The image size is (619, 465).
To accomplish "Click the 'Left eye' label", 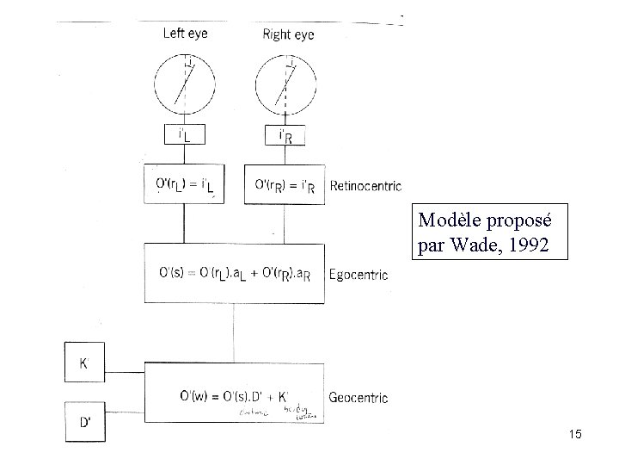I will click(185, 34).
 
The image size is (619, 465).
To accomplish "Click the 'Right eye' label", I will click(287, 34).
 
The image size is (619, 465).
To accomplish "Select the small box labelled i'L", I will click(185, 135).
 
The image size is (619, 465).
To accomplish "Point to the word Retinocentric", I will click(366, 186).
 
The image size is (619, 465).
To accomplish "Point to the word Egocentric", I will click(359, 276).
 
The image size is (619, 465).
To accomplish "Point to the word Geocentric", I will click(359, 398).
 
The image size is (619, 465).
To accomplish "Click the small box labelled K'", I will click(84, 363).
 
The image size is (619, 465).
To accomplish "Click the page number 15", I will click(574, 435).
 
